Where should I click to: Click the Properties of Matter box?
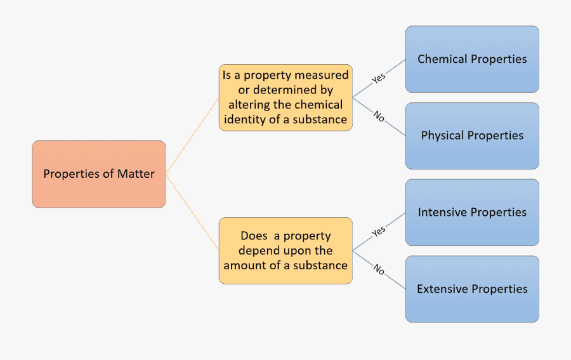click(99, 174)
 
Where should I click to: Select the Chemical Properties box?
click(472, 59)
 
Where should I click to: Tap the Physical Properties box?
click(472, 136)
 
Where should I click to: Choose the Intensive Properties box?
click(472, 212)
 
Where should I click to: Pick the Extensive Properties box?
click(472, 289)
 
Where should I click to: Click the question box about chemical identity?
click(285, 97)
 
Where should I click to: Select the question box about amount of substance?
click(285, 251)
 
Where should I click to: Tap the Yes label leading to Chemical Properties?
click(378, 78)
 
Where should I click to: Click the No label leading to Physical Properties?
click(379, 117)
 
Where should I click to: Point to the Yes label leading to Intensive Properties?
click(378, 231)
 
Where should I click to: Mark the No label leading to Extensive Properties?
click(379, 270)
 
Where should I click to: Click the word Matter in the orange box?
click(136, 174)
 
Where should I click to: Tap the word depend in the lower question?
click(259, 251)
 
